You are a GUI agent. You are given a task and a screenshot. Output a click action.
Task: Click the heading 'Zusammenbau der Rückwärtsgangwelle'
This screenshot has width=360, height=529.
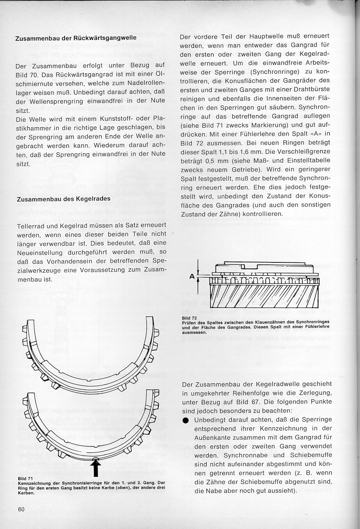pos(76,38)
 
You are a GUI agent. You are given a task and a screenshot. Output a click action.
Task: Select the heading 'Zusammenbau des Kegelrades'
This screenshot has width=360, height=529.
pos(63,199)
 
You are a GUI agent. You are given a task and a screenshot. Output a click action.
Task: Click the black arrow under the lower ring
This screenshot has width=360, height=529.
pos(96,468)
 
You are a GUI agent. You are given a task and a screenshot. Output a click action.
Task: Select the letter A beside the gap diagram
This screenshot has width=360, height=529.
pos(192,276)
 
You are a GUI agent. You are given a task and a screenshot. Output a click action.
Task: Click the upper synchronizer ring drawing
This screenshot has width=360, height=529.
pos(91,358)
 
